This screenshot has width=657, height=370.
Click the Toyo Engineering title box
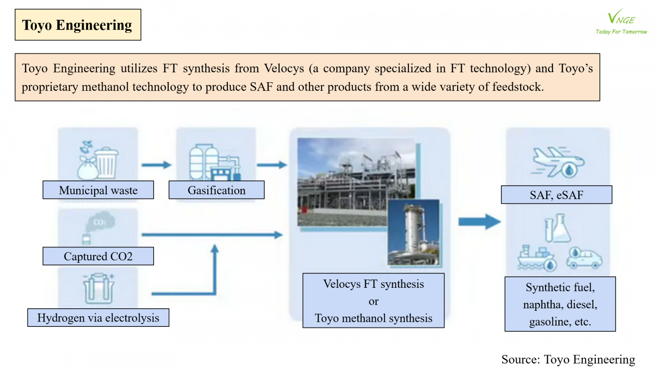tap(78, 25)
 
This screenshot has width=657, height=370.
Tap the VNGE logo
tap(621, 21)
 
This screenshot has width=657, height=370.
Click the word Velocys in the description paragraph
tap(284, 68)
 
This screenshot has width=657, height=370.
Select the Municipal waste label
tap(98, 190)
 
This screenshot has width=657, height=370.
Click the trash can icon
tap(106, 163)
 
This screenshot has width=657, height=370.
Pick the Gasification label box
tap(216, 190)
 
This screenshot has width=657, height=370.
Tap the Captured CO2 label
tap(98, 256)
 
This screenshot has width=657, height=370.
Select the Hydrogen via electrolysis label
tap(98, 318)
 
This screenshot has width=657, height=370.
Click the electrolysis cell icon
tap(99, 289)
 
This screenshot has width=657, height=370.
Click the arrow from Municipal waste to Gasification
tap(156, 165)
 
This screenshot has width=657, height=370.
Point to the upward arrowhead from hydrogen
tap(214, 249)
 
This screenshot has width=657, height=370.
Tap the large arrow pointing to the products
tap(479, 222)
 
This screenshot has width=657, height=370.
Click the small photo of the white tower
tap(413, 233)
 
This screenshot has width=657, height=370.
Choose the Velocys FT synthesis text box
tap(373, 301)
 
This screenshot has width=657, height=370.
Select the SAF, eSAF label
tap(556, 195)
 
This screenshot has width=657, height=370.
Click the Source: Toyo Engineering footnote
tap(568, 359)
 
